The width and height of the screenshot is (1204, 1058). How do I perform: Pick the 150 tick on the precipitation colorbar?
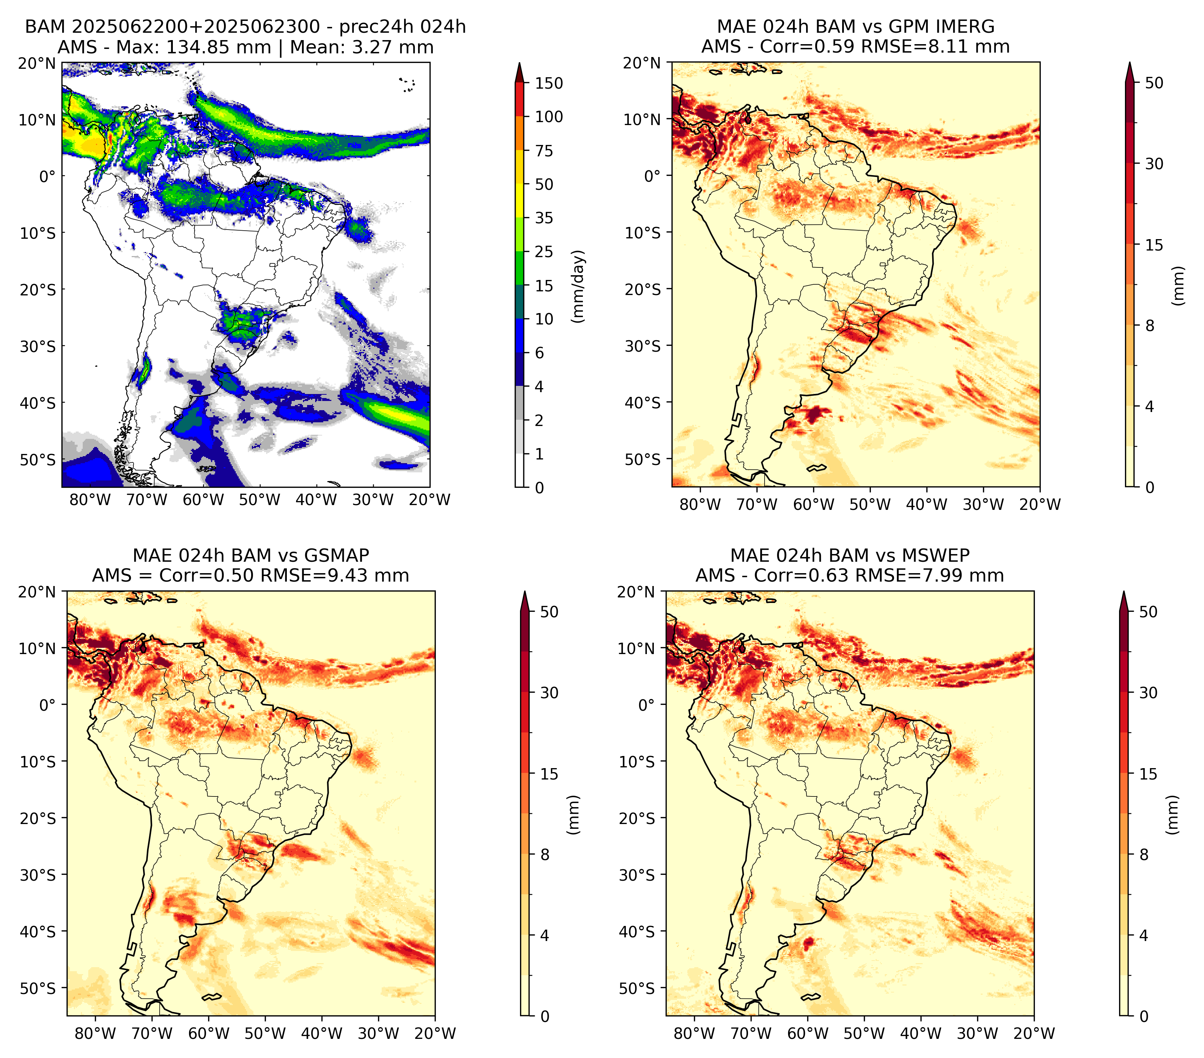click(x=549, y=83)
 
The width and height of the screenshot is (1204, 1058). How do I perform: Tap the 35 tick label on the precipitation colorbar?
click(x=544, y=218)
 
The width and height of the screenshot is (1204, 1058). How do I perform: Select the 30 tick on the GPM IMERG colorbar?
click(x=1154, y=164)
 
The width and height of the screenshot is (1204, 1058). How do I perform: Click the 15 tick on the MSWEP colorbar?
click(x=1148, y=774)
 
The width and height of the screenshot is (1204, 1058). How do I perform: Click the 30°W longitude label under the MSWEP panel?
click(x=977, y=1034)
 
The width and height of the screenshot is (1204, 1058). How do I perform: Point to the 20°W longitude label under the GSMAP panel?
click(x=435, y=1034)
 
